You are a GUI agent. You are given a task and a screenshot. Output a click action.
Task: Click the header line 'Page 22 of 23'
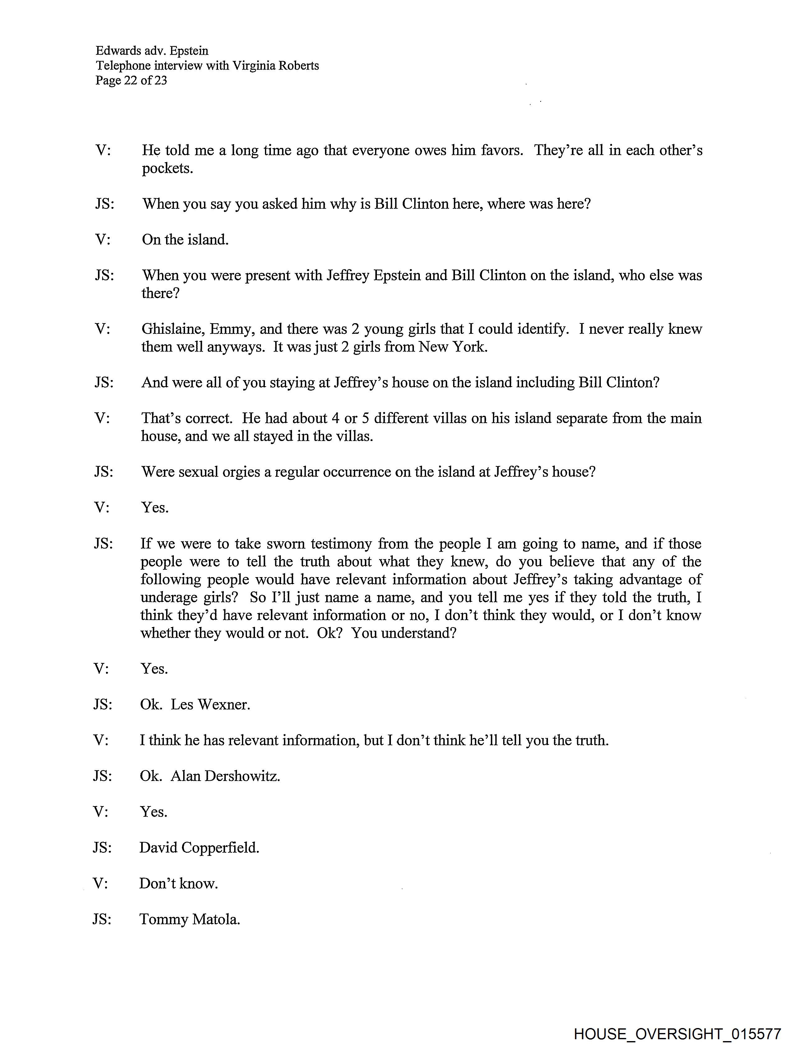click(131, 80)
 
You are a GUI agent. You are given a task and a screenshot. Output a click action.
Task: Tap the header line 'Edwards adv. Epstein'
click(151, 51)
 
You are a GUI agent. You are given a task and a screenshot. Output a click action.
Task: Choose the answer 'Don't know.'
click(178, 883)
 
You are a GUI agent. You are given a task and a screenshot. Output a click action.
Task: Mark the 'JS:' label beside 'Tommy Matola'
click(102, 919)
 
